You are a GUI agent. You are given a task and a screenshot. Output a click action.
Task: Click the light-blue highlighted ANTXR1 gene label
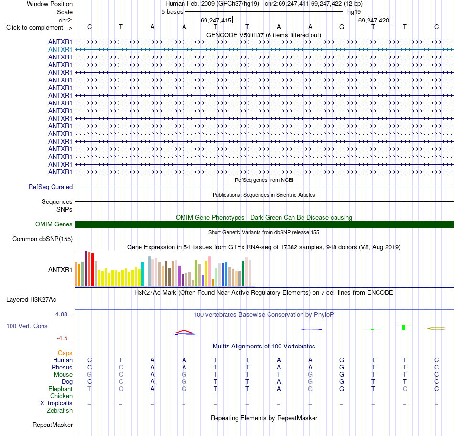point(60,50)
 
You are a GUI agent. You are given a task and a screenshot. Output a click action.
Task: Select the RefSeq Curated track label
point(51,187)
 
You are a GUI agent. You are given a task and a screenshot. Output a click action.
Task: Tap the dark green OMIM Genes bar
point(264,224)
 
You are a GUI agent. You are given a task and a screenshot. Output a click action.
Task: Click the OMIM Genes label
point(54,224)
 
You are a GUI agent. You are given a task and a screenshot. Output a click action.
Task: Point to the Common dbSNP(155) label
point(43,239)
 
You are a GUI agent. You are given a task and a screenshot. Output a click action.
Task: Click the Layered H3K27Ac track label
point(31,300)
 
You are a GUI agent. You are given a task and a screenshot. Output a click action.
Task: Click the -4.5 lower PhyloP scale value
point(62,338)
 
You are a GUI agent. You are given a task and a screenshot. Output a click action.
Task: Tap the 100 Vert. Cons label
point(27,326)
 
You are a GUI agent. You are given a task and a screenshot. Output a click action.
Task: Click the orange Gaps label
point(65,353)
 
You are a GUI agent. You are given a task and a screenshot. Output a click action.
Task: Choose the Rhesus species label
point(62,367)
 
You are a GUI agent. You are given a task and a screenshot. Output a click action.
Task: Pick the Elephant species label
point(61,389)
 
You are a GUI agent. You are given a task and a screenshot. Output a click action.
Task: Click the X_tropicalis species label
point(56,403)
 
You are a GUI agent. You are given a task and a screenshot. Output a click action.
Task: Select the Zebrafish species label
point(60,411)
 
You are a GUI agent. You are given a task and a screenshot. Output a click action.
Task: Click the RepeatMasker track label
point(53,425)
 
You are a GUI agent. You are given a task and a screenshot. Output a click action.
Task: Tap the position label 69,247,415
point(216,20)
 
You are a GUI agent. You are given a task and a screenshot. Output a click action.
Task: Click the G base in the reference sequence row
point(342,27)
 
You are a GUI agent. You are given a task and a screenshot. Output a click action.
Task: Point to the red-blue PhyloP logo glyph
point(185,333)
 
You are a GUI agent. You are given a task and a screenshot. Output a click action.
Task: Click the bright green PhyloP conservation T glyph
point(404,327)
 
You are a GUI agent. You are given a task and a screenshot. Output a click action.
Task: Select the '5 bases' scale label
point(172,12)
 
